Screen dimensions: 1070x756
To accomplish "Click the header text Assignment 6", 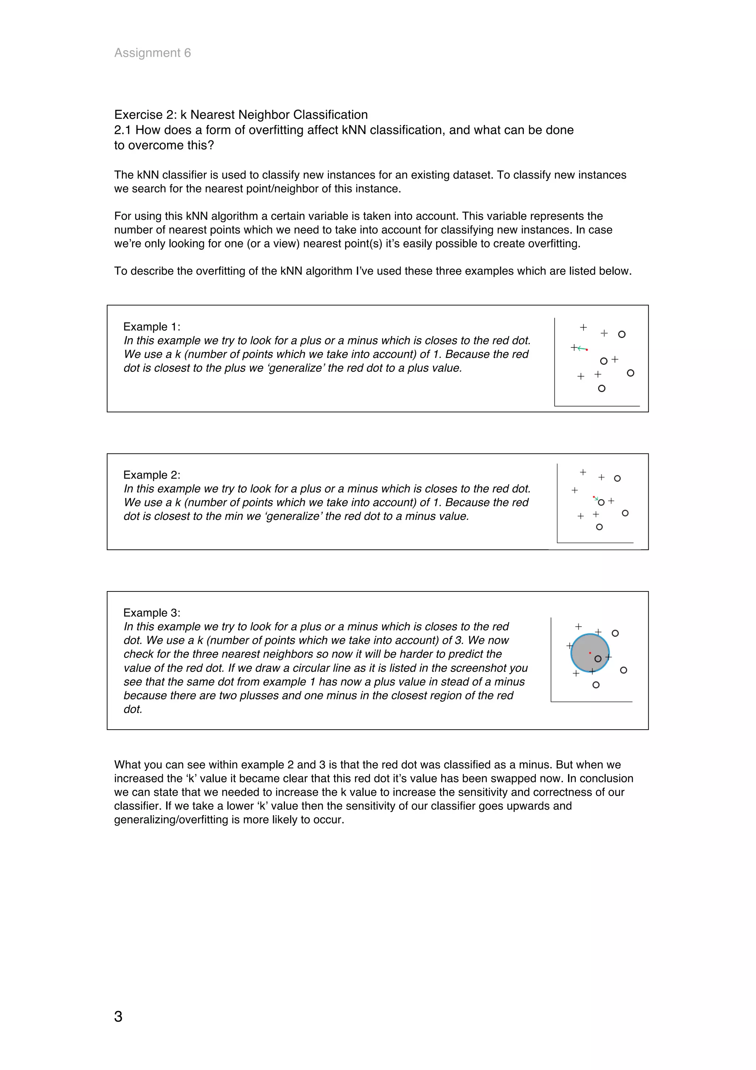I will (152, 53).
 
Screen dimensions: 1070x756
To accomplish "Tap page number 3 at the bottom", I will (118, 1016).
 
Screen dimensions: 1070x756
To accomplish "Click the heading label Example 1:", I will (151, 327).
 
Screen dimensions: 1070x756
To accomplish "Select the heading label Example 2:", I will (151, 475).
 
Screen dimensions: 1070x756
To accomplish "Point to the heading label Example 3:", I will (151, 613).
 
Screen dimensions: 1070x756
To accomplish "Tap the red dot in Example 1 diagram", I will (587, 350).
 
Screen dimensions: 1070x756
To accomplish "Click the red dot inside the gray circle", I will (590, 653).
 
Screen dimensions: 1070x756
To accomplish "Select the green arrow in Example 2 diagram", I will (596, 499).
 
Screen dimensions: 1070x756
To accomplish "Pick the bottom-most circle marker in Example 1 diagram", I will (601, 388).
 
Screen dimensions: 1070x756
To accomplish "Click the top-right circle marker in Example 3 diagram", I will (615, 633).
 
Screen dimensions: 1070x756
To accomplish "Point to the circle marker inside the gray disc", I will (598, 658).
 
